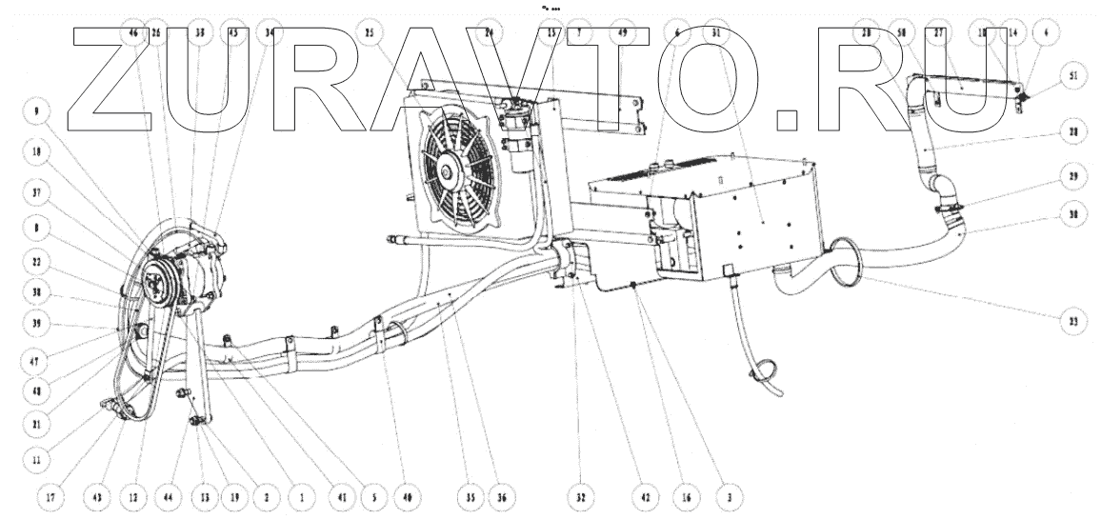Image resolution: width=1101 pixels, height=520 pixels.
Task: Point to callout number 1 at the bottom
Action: tap(302, 497)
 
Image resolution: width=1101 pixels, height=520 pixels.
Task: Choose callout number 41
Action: tap(339, 497)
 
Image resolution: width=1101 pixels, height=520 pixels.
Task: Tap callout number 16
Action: tap(685, 497)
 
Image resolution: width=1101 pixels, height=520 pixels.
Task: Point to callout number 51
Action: tap(1073, 77)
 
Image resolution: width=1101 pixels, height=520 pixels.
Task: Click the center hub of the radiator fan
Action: tap(446, 172)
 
